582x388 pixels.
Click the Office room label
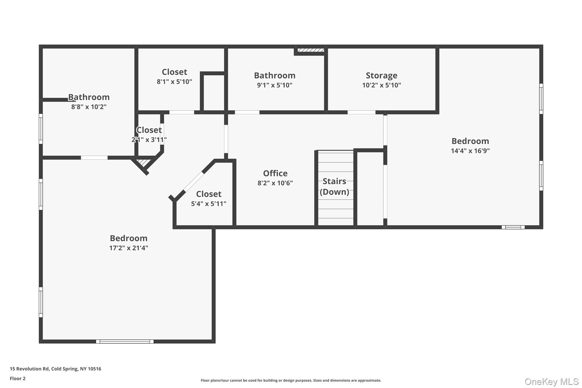click(x=275, y=173)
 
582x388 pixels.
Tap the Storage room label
click(x=381, y=75)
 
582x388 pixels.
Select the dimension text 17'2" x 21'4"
click(x=128, y=248)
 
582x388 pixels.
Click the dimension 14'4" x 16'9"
click(x=470, y=151)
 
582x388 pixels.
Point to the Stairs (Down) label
click(x=334, y=186)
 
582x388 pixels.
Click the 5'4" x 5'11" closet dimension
click(x=209, y=204)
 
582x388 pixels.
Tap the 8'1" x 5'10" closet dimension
click(x=174, y=82)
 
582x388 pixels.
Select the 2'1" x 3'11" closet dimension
click(x=149, y=140)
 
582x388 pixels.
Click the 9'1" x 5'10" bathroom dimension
click(x=275, y=85)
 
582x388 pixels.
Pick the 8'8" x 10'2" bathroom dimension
click(x=89, y=107)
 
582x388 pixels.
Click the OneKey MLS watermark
click(x=551, y=381)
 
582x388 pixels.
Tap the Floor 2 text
click(x=18, y=378)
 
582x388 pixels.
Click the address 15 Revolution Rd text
click(x=55, y=369)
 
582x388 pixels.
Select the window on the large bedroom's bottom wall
click(x=125, y=341)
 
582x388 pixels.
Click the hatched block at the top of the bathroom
click(x=311, y=50)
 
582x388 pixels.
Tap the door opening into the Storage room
click(x=361, y=112)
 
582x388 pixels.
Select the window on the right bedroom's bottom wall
click(x=513, y=227)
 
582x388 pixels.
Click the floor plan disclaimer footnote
click(x=291, y=380)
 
